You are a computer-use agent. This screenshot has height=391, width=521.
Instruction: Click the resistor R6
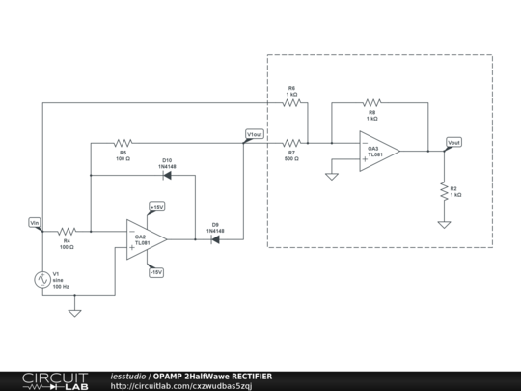click(291, 101)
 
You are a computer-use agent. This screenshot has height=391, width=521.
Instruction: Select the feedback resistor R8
click(371, 101)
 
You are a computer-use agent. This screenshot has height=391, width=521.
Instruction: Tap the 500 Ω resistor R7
click(291, 143)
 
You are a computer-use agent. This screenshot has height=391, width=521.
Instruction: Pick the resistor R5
click(123, 143)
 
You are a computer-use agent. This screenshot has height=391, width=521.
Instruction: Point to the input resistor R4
click(67, 232)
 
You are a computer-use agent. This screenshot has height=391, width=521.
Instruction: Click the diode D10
click(167, 176)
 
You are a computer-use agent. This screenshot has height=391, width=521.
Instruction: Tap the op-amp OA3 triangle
click(378, 152)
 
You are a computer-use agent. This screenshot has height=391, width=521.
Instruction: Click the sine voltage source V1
click(42, 280)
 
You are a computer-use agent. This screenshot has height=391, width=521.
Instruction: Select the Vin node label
click(35, 223)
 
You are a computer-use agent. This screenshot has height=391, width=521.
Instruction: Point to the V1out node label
click(255, 134)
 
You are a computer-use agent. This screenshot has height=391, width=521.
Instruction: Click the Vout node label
click(453, 142)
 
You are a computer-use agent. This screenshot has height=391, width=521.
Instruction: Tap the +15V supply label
click(156, 207)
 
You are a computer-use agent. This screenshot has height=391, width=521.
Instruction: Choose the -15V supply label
click(156, 272)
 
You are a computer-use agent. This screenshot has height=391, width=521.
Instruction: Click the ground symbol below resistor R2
click(444, 224)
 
